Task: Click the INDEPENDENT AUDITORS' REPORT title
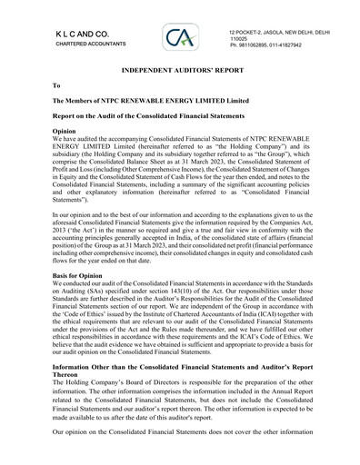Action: click(179, 69)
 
